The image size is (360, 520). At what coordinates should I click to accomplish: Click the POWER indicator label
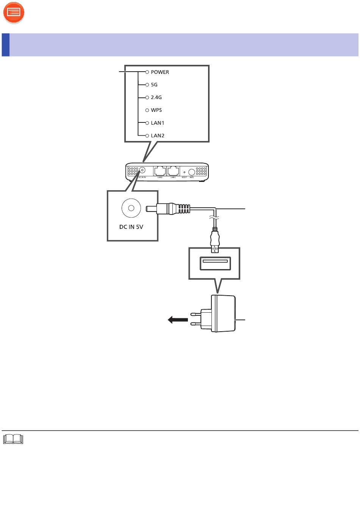pyautogui.click(x=160, y=72)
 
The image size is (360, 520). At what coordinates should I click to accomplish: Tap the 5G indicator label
pyautogui.click(x=154, y=85)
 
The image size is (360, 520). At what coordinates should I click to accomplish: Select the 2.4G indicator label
pyautogui.click(x=156, y=97)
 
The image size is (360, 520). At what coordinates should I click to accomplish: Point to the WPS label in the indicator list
pyautogui.click(x=156, y=110)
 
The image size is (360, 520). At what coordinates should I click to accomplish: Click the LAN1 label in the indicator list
pyautogui.click(x=157, y=123)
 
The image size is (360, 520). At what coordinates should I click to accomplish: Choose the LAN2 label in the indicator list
pyautogui.click(x=157, y=136)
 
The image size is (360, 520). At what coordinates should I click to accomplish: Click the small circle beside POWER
pyautogui.click(x=147, y=72)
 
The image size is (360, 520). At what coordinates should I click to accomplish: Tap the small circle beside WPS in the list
pyautogui.click(x=147, y=110)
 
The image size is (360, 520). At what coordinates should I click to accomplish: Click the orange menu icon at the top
pyautogui.click(x=14, y=13)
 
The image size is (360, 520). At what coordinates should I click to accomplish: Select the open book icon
pyautogui.click(x=13, y=439)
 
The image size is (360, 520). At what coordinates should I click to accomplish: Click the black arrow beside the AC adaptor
pyautogui.click(x=178, y=320)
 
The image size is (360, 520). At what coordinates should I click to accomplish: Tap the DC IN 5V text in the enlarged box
pyautogui.click(x=131, y=227)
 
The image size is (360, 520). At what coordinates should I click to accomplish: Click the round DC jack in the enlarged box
pyautogui.click(x=131, y=208)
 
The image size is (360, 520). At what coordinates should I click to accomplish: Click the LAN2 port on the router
pyautogui.click(x=160, y=171)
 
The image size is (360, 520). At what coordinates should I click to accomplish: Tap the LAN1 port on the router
pyautogui.click(x=173, y=171)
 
